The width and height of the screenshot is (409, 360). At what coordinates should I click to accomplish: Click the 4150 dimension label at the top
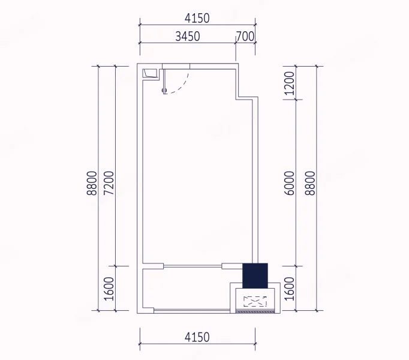coord(197,18)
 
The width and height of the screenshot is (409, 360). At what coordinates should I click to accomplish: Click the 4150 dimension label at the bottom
coord(197,337)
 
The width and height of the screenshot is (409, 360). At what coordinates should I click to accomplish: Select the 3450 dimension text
coord(188,36)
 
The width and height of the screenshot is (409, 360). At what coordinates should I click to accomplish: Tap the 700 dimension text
coord(245,36)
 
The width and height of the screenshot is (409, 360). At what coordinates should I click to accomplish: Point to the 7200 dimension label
coord(109,183)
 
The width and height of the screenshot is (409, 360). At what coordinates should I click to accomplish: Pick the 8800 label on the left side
coord(92,183)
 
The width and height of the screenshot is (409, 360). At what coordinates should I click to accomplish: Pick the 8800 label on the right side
coord(310,183)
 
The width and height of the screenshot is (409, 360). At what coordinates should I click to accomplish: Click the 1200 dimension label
coord(289,83)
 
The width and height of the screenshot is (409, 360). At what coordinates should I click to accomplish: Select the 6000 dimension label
coord(289,183)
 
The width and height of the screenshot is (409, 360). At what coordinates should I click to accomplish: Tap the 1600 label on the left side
coord(109,289)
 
